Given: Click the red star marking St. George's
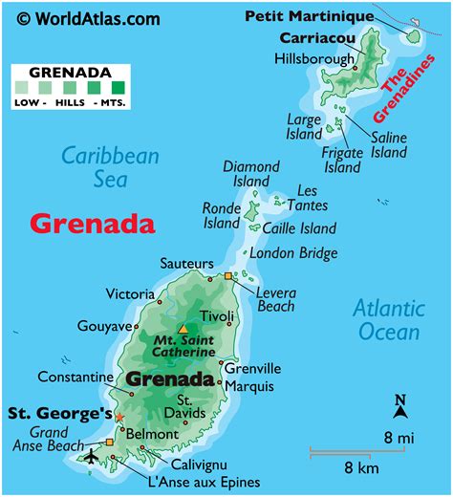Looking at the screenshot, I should (119, 418).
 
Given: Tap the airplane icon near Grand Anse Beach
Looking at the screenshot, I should (91, 456).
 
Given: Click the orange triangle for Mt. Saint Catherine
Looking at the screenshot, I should (183, 330).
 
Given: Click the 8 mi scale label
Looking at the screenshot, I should (399, 438).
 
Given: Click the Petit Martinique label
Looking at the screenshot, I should (309, 16).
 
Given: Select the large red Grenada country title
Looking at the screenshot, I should (92, 224).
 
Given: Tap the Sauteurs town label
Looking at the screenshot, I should (187, 263).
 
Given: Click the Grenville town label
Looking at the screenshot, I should (252, 368).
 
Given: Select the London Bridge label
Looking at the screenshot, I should (293, 253).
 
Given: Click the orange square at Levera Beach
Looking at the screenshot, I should (228, 276).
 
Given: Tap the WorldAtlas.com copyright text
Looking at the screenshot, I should (89, 17).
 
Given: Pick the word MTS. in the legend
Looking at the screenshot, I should (115, 102).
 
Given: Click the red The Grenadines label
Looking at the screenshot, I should (407, 89).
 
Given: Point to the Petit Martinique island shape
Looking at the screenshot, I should (414, 36).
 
